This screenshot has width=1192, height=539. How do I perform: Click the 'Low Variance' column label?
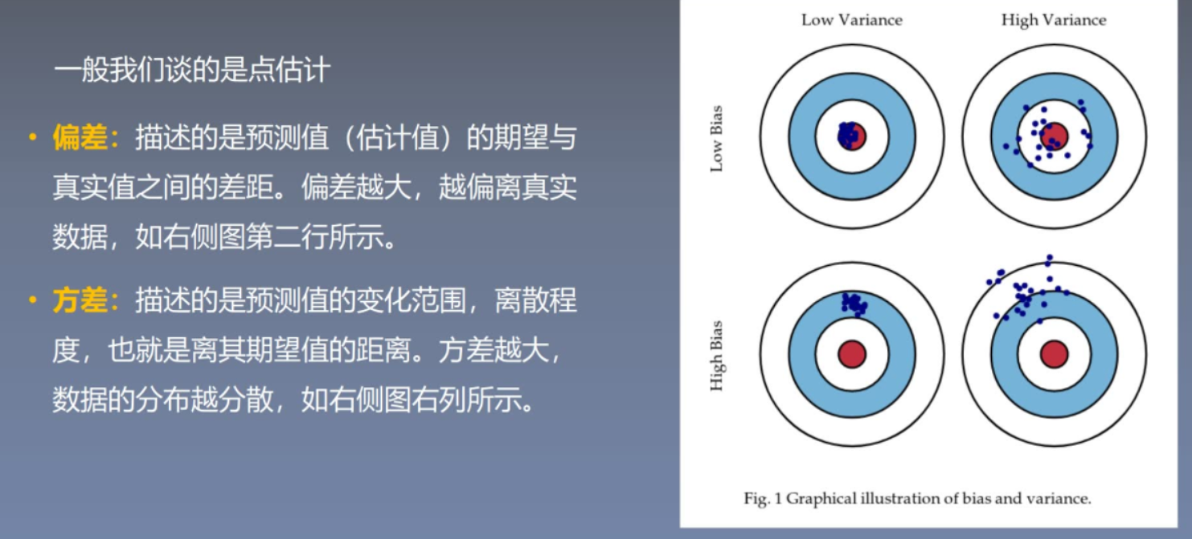[x=852, y=20]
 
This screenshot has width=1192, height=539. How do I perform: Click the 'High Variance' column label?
[x=1054, y=20]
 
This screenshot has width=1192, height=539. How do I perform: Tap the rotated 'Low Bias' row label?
[x=717, y=139]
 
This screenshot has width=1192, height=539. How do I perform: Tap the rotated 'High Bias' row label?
[x=717, y=356]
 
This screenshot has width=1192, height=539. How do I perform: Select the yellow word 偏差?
[x=80, y=137]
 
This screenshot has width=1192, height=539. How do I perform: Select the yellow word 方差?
[x=80, y=300]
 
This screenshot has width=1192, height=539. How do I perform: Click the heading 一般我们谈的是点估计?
[x=192, y=70]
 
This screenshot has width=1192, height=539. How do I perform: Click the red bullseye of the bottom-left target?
[x=852, y=354]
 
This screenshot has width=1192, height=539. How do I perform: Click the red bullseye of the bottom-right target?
[x=1055, y=354]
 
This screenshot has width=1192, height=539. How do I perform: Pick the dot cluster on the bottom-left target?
[x=854, y=304]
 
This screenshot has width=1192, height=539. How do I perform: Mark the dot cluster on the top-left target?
[x=847, y=135]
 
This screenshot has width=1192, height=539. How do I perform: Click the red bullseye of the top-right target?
[x=1055, y=136]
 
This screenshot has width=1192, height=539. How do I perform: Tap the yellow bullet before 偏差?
[x=33, y=137]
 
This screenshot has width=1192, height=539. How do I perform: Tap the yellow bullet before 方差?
[x=33, y=300]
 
